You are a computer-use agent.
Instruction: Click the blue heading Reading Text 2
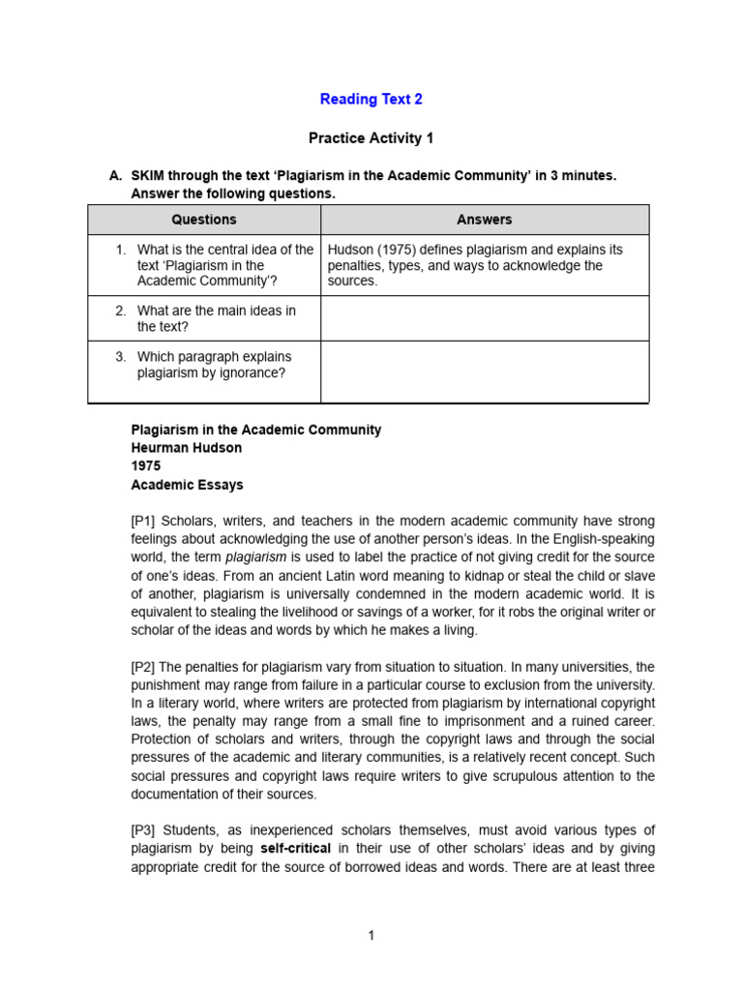(x=371, y=99)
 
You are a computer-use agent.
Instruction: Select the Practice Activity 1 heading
(x=371, y=138)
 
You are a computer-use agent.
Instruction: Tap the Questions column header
(x=204, y=220)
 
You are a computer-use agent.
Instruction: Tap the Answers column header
(x=485, y=220)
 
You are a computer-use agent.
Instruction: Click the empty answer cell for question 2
(x=485, y=318)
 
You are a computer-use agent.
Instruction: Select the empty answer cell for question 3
(x=485, y=372)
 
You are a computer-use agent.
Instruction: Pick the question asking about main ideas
(x=216, y=318)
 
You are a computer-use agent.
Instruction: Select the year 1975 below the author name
(x=146, y=466)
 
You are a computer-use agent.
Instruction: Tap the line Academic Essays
(x=187, y=485)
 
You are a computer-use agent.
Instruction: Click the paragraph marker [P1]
(x=145, y=522)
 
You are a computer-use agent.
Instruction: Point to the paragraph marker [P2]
(x=145, y=667)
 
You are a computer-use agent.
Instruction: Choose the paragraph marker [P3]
(x=145, y=830)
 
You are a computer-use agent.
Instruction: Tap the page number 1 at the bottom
(x=371, y=935)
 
